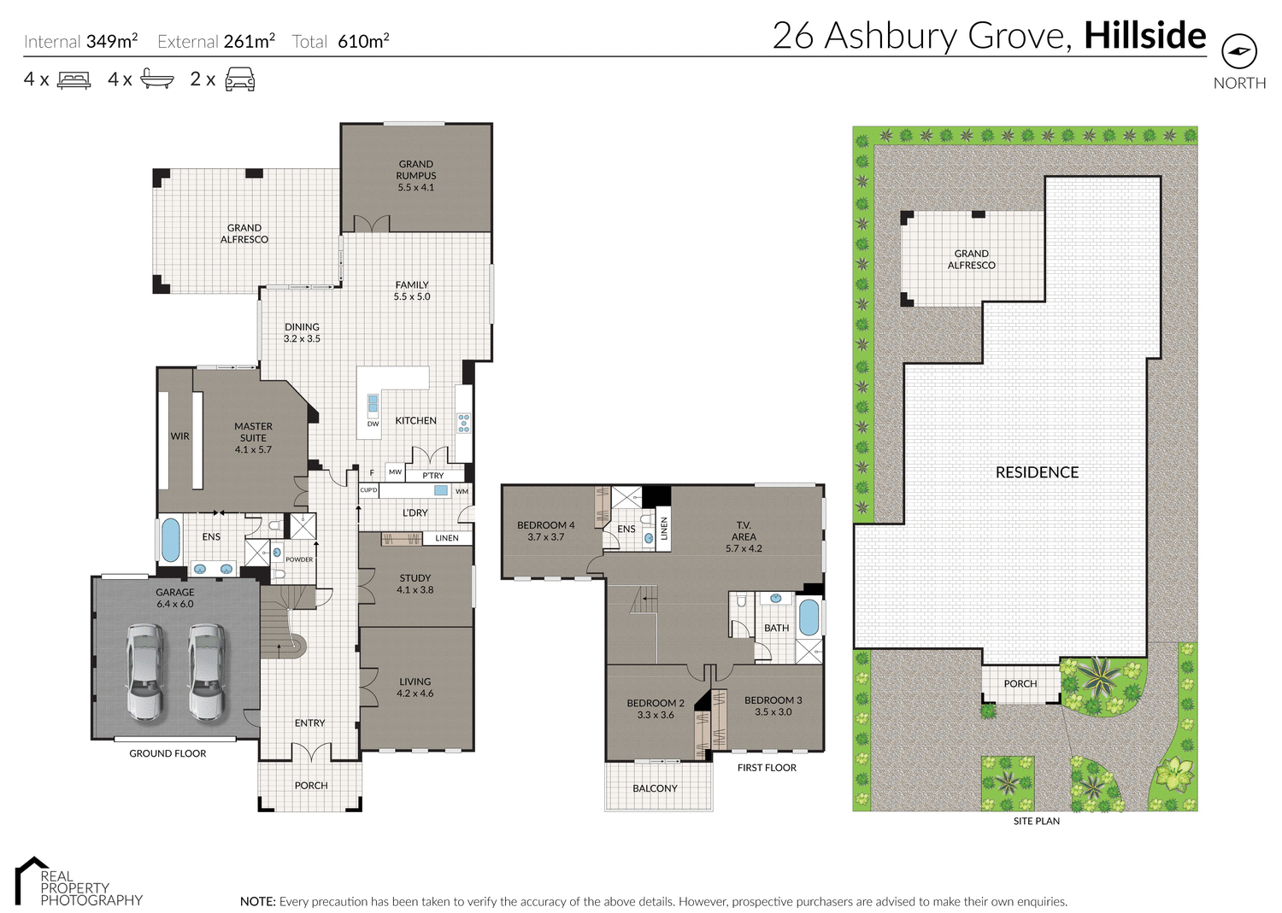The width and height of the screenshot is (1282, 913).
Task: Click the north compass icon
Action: click(1239, 51)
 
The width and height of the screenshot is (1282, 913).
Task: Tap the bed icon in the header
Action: click(74, 80)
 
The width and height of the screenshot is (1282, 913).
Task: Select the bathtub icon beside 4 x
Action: click(157, 79)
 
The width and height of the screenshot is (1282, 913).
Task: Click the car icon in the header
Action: click(239, 79)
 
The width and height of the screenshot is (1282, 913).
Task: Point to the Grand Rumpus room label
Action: click(416, 176)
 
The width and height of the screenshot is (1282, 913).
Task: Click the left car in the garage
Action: click(145, 670)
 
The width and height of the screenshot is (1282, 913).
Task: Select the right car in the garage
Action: click(207, 670)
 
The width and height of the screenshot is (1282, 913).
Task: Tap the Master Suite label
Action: click(253, 437)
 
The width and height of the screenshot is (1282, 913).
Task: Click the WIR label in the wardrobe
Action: click(179, 436)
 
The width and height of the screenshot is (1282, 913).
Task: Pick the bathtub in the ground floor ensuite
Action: click(171, 540)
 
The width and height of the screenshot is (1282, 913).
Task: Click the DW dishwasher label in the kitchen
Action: click(373, 424)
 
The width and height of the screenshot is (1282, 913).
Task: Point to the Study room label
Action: click(415, 584)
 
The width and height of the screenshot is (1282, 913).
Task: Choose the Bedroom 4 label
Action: click(545, 531)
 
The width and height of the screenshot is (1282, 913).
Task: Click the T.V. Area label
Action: click(744, 536)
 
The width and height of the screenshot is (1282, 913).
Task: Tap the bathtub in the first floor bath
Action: click(809, 617)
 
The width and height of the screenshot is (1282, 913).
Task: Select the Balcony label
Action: click(655, 788)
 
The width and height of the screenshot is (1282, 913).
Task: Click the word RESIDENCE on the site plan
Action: click(1037, 472)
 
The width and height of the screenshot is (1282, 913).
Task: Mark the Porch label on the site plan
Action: click(1020, 684)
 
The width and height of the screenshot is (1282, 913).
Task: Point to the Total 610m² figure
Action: click(341, 41)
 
